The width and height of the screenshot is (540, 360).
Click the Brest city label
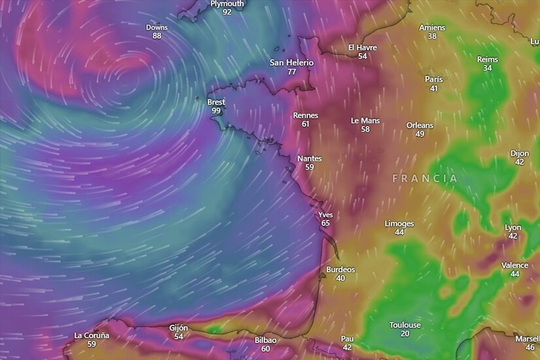coord(215,102)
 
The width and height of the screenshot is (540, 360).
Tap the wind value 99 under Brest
coord(215,111)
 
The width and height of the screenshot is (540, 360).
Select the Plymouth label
coord(226,3)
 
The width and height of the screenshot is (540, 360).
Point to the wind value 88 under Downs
coord(156,36)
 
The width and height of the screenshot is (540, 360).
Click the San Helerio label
coord(292,63)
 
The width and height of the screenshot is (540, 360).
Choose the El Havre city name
coord(362,47)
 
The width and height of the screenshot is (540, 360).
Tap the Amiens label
coord(432,27)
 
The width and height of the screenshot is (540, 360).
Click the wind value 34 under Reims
coord(488,68)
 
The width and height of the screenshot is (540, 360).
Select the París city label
coord(433,79)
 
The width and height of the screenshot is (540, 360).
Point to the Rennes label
coord(305,115)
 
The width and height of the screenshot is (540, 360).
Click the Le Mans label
coord(365,120)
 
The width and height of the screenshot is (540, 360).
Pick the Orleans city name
coord(420,125)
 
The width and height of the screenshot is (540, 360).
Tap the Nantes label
coord(310,158)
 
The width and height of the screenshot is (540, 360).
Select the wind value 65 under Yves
coord(325,223)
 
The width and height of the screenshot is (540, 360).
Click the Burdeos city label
coord(340,269)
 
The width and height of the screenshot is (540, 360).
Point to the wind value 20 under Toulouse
coord(405,334)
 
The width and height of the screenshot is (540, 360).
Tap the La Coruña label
coord(92,335)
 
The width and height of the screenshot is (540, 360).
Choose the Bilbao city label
coord(265,340)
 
